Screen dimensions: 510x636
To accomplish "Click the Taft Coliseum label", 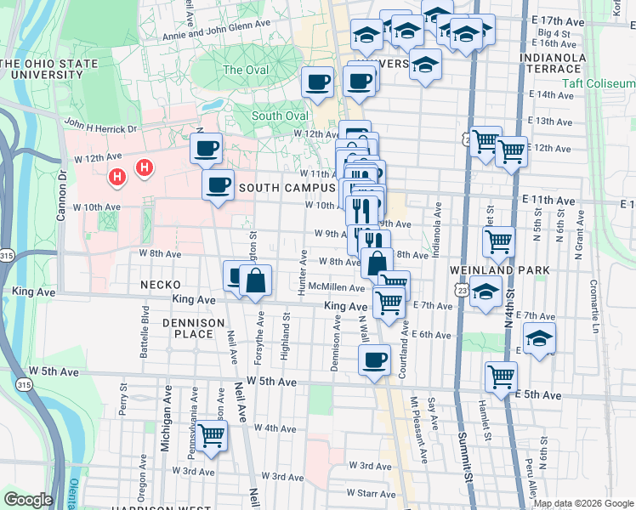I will (598, 84).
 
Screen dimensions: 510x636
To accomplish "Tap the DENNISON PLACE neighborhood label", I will (194, 328).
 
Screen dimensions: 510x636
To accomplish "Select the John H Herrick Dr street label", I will (100, 128).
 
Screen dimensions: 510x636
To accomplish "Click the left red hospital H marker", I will (118, 177).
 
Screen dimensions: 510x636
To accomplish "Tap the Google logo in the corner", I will (28, 500).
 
